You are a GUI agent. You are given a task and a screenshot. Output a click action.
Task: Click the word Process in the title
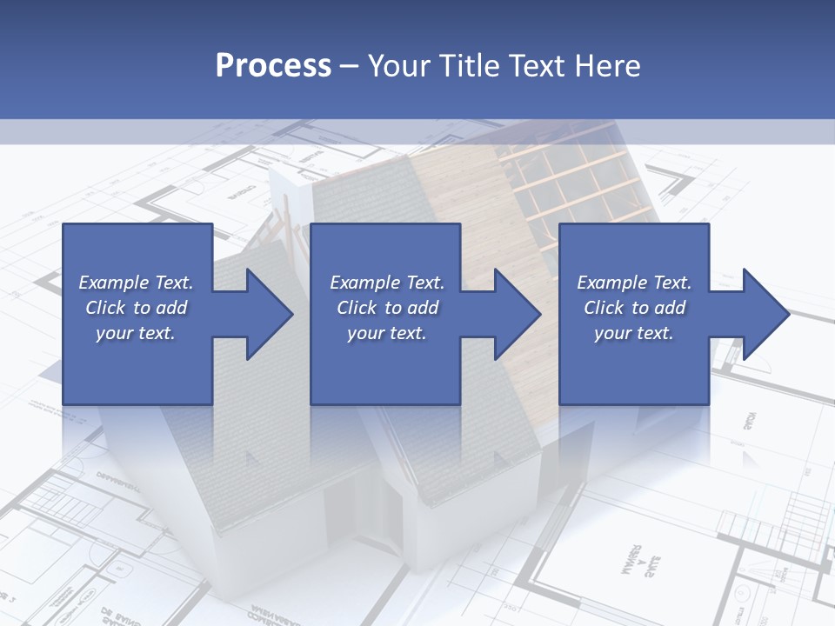coord(273,66)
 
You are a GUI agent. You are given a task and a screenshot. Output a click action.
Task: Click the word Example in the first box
coord(114,283)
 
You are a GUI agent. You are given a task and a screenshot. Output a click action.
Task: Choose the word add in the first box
coord(171,308)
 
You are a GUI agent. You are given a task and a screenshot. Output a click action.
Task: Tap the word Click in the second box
coord(357,308)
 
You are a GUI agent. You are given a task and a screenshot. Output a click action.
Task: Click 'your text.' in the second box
coord(386,333)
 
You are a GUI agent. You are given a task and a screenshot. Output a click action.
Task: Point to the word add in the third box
coord(670,308)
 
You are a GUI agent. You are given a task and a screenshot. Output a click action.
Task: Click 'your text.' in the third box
coord(634,333)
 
